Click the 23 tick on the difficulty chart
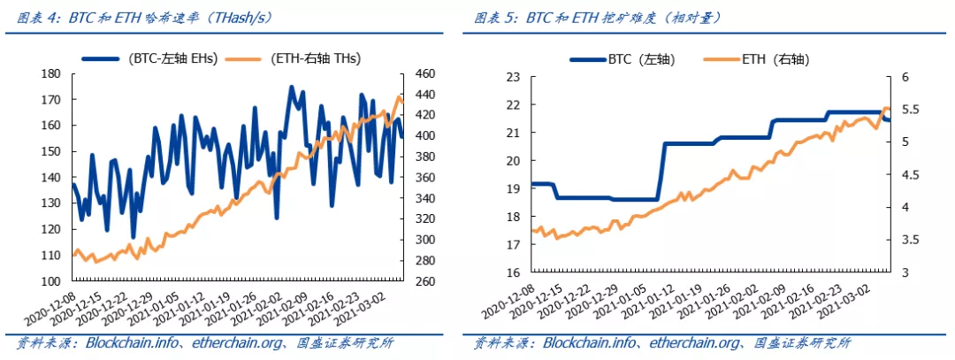click(x=512, y=77)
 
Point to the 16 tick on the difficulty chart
click(x=512, y=272)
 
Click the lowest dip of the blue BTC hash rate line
click(x=133, y=237)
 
